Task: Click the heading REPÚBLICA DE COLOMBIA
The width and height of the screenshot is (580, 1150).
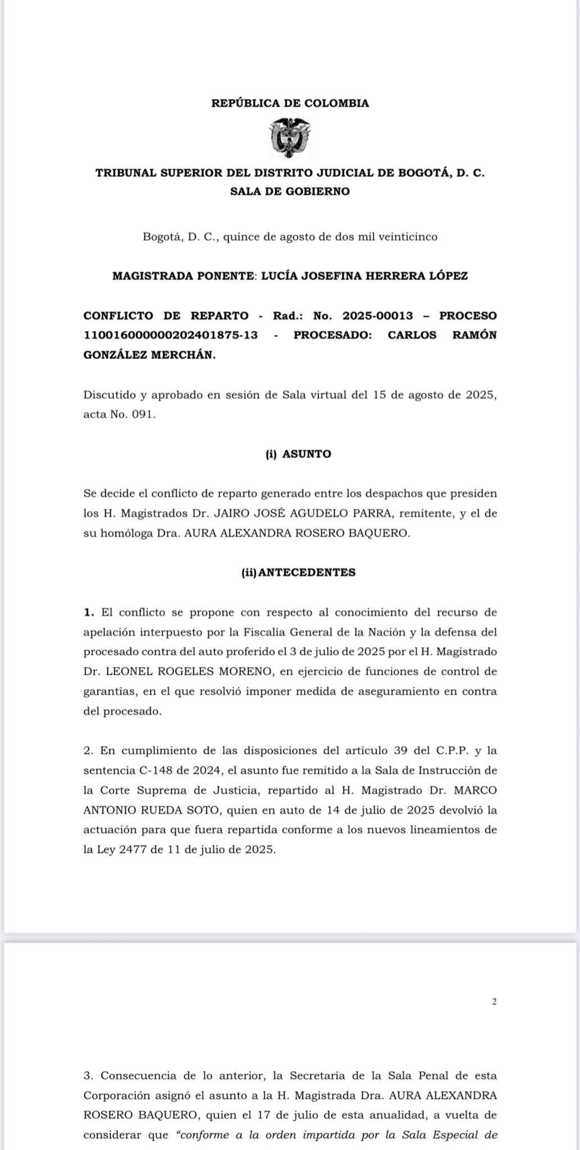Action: click(290, 103)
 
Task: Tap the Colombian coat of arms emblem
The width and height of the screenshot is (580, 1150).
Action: click(290, 137)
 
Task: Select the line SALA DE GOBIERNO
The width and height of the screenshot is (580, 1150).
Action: click(290, 191)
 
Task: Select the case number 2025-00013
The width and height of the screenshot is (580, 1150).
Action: click(373, 316)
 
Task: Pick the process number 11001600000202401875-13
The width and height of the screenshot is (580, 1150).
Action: click(171, 335)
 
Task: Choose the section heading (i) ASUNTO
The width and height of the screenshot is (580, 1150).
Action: click(298, 454)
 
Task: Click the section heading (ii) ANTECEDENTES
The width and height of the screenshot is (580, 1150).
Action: click(298, 573)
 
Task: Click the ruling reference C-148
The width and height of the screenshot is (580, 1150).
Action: click(148, 770)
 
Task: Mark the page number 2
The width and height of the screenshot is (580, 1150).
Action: click(494, 1001)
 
